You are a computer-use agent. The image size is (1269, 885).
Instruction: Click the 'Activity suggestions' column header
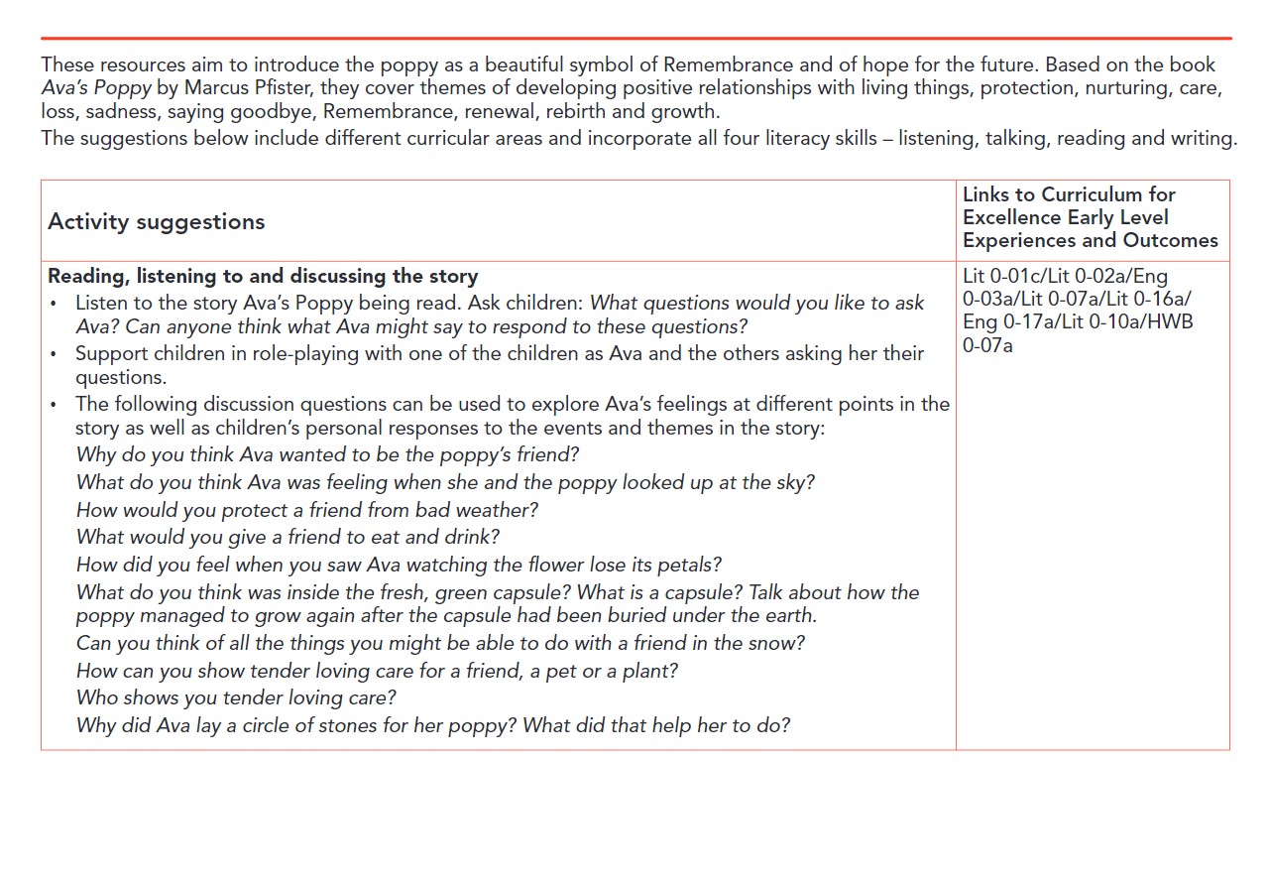click(156, 221)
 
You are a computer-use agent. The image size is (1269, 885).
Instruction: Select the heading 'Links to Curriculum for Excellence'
click(1069, 205)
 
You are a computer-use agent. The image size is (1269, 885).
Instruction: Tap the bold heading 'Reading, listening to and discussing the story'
click(263, 276)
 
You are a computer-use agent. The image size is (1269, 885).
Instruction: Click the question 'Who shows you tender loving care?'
click(236, 697)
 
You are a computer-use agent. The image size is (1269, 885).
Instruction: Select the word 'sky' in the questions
click(798, 482)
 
